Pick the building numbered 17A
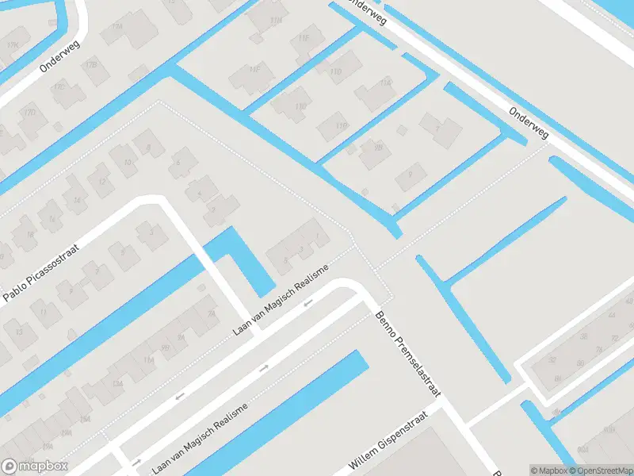pos(118,26)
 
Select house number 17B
pos(91,63)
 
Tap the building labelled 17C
pos(58,86)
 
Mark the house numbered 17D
pos(30,113)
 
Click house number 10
pos(128,162)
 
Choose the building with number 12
pos(101,182)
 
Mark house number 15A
pos(85,418)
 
